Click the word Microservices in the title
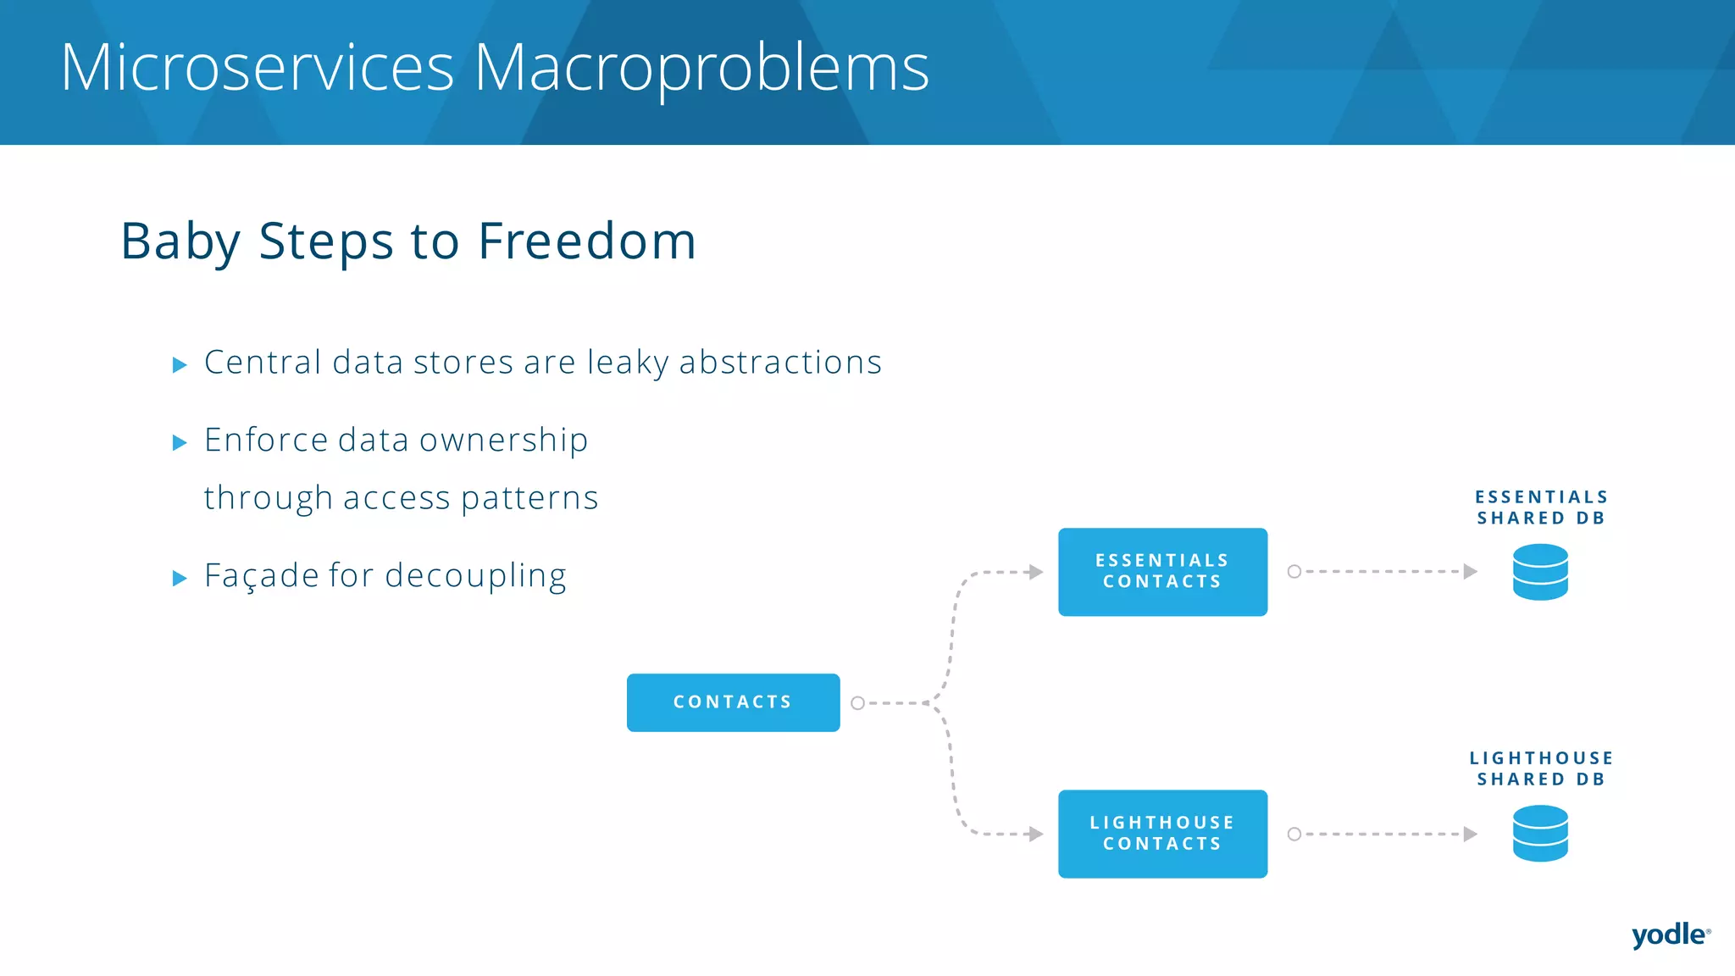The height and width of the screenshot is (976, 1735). (258, 68)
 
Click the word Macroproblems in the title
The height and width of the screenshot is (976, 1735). (701, 68)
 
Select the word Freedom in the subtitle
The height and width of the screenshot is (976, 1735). (586, 241)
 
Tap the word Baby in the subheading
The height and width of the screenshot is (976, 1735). (180, 241)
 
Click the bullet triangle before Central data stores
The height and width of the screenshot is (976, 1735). (179, 365)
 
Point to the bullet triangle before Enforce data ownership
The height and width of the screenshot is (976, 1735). (179, 442)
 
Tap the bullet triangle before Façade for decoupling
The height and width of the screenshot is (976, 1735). (179, 579)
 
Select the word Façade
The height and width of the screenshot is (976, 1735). (261, 576)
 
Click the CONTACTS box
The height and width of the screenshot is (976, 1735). (733, 702)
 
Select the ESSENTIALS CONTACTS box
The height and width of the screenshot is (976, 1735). (1162, 572)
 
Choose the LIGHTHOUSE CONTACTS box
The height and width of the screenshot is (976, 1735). (1162, 834)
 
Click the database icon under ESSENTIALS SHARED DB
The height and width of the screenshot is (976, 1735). (1540, 572)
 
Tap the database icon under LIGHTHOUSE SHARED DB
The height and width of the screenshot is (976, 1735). (1540, 834)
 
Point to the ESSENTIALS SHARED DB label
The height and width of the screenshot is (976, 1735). (1541, 507)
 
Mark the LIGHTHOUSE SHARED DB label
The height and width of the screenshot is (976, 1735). (1541, 768)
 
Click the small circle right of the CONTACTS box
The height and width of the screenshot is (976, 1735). (857, 703)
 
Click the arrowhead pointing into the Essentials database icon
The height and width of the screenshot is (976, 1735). (1471, 572)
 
